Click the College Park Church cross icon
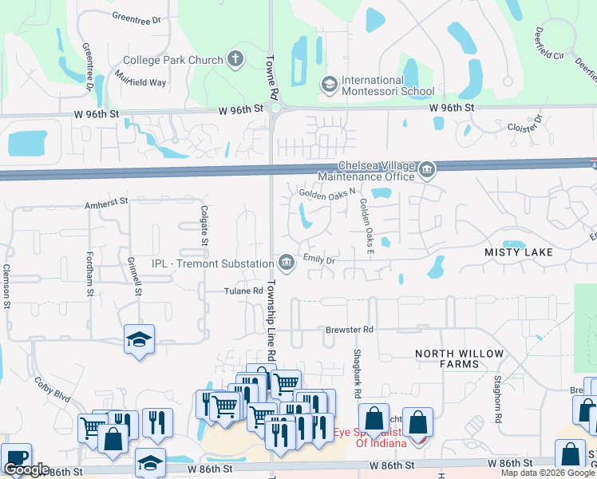pyautogui.click(x=235, y=58)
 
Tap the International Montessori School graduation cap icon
pyautogui.click(x=329, y=85)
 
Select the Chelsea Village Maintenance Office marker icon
pyautogui.click(x=427, y=169)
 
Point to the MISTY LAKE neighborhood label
pyautogui.click(x=519, y=252)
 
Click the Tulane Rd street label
pyautogui.click(x=243, y=291)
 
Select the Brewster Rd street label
pyautogui.click(x=349, y=330)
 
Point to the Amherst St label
pyautogui.click(x=106, y=205)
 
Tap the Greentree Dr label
pyautogui.click(x=137, y=16)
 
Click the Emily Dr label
pyautogui.click(x=318, y=259)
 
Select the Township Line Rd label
pyautogui.click(x=271, y=320)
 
